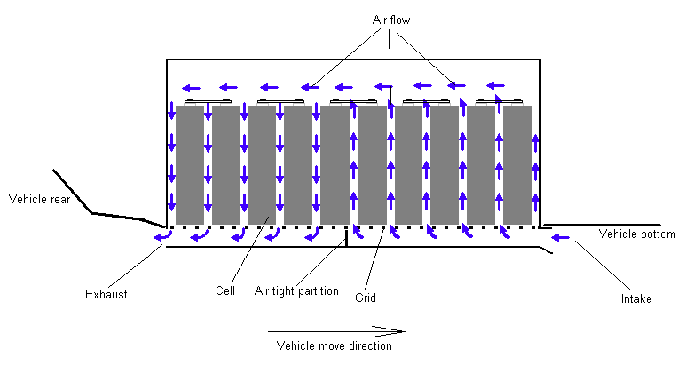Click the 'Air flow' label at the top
click(390, 19)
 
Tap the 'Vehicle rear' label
click(39, 199)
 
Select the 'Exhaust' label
click(106, 294)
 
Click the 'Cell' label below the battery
click(224, 290)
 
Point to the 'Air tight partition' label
click(296, 290)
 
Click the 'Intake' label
click(636, 298)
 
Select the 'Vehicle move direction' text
click(334, 345)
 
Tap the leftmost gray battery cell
click(190, 165)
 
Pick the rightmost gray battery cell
click(517, 165)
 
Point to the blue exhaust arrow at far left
click(161, 235)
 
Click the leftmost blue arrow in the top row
click(189, 88)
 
